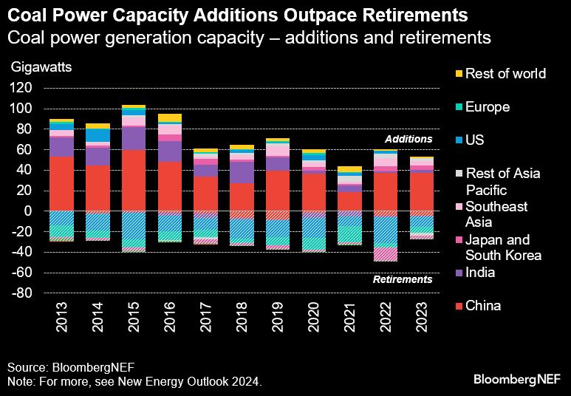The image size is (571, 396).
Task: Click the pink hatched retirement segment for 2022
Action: pyautogui.click(x=385, y=254)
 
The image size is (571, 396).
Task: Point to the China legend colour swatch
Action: pyautogui.click(x=459, y=306)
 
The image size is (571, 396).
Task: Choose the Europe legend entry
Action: pyautogui.click(x=488, y=107)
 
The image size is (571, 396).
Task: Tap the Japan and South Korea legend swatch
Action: pyautogui.click(x=459, y=240)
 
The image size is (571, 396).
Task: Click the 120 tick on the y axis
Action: pyautogui.click(x=21, y=88)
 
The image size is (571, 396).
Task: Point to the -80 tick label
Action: pyautogui.click(x=21, y=293)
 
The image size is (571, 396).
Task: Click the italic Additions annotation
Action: pyautogui.click(x=408, y=139)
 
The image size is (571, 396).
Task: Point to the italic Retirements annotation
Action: pyautogui.click(x=403, y=279)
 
